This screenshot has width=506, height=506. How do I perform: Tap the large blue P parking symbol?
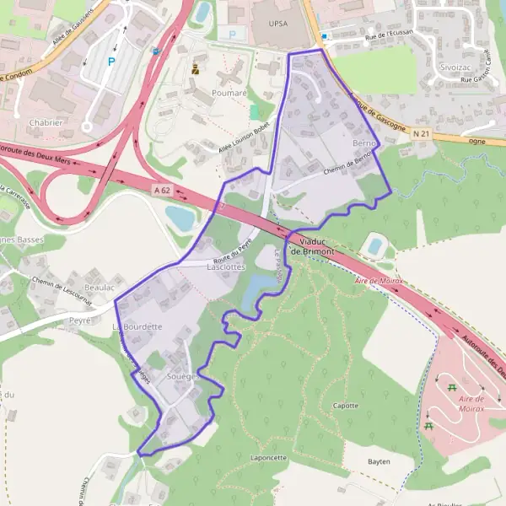coord(110,62)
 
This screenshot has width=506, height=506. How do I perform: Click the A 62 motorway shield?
coord(163,191)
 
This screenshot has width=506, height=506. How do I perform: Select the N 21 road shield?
coord(422,134)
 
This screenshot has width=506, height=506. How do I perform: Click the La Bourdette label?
coord(137,326)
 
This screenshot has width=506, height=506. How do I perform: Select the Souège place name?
coord(181,376)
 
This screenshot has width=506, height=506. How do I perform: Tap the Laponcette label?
coord(268,458)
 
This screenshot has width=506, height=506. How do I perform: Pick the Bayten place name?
coord(379,462)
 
